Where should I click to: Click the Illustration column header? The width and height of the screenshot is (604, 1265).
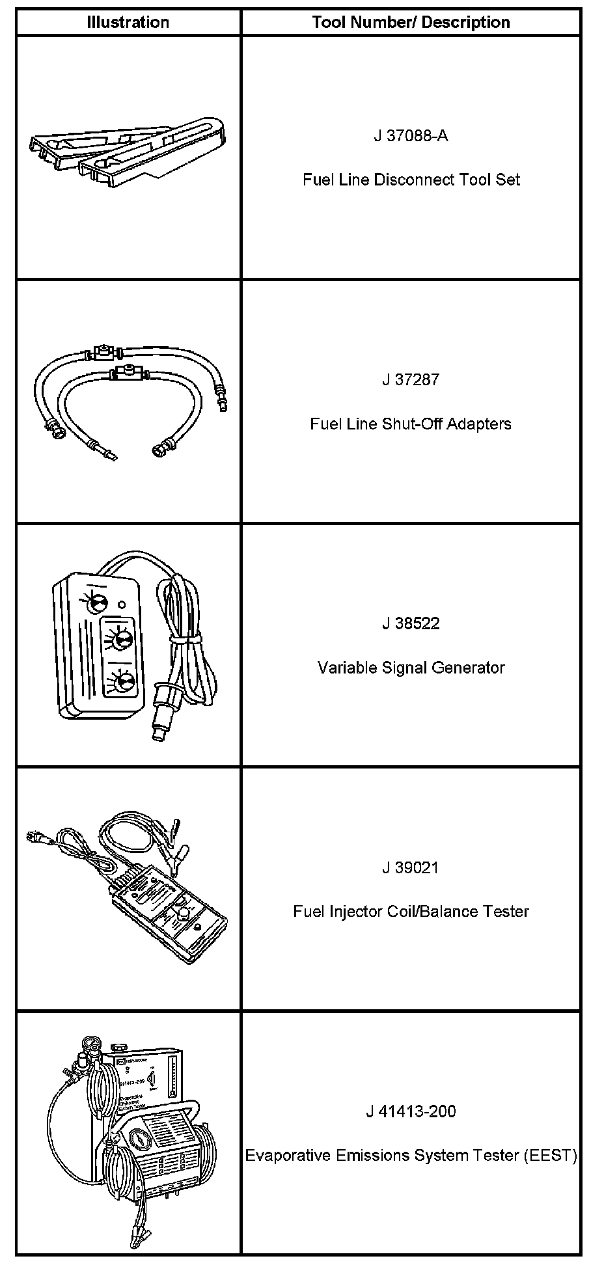128,22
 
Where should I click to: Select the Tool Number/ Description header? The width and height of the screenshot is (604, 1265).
411,22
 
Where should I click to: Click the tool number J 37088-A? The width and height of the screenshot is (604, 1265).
411,136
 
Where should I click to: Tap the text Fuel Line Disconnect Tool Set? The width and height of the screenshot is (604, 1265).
411,180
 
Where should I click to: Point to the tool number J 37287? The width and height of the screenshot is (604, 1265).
411,379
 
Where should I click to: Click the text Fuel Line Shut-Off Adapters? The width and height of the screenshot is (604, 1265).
411,424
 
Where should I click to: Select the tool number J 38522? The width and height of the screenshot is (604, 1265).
411,623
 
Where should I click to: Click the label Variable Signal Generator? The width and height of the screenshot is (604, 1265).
411,668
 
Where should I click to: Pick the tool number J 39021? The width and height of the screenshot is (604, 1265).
411,867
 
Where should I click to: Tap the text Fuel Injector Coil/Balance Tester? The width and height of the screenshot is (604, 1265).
411,911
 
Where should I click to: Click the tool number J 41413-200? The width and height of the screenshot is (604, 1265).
411,1111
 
